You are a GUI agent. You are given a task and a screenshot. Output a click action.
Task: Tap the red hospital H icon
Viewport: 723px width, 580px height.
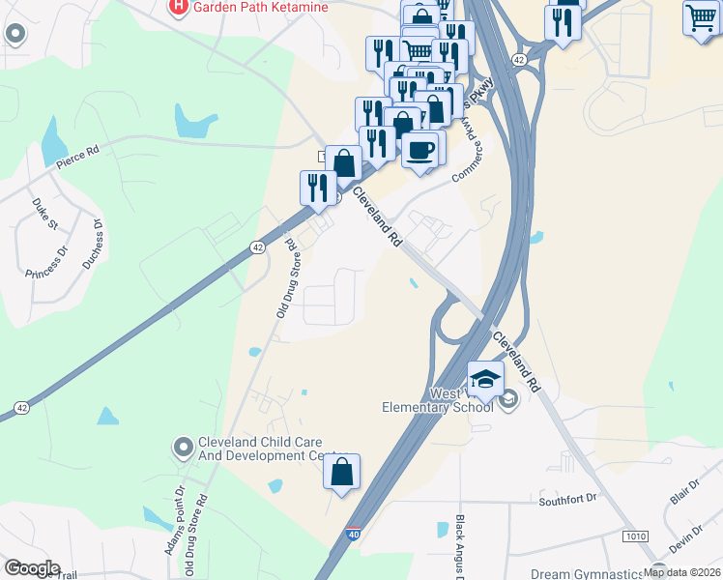tap(178, 8)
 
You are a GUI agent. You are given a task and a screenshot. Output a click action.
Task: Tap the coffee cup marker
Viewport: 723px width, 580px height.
tap(420, 151)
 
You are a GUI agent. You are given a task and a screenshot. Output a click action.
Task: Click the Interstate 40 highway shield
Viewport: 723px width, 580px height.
tap(353, 533)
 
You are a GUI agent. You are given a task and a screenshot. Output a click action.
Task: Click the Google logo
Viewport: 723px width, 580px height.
tap(33, 568)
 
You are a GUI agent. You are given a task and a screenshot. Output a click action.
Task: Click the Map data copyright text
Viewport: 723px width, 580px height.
tap(682, 572)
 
